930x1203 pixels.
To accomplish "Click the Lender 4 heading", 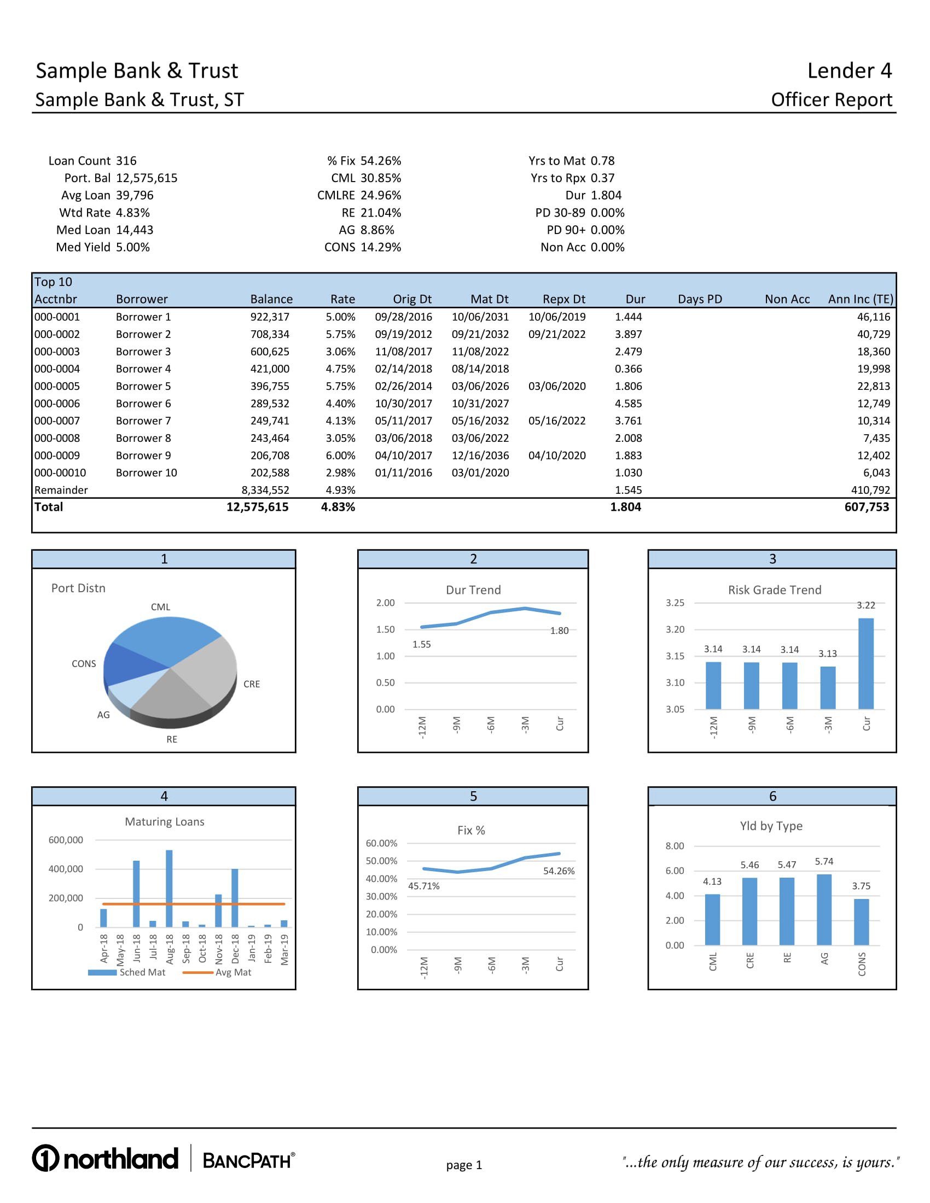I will (x=849, y=71).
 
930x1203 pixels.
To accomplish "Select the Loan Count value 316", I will (x=126, y=161).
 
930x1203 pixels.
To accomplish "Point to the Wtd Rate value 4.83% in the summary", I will (x=133, y=213).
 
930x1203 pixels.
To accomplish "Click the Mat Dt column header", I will (x=489, y=299).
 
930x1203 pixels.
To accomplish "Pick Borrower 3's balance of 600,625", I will (x=270, y=352).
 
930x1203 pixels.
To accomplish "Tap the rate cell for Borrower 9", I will (x=340, y=455).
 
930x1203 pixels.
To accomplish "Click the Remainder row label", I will (x=61, y=490).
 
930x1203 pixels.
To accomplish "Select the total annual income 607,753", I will (x=867, y=507).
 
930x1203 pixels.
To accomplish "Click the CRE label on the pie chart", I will (x=252, y=684).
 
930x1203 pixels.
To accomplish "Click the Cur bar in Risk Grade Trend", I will (x=865, y=663).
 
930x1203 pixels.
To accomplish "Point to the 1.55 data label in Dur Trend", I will (x=421, y=645).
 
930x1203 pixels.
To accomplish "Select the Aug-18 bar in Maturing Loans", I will (x=169, y=888).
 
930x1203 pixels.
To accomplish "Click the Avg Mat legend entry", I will (x=233, y=972).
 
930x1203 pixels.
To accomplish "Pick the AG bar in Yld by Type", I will (x=824, y=910).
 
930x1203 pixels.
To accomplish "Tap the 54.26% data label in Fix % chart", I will (x=559, y=871).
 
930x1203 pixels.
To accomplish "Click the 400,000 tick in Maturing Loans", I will (x=66, y=869).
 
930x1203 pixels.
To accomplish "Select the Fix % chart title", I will (x=471, y=830).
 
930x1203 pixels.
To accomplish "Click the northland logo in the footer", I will (x=105, y=1158).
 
